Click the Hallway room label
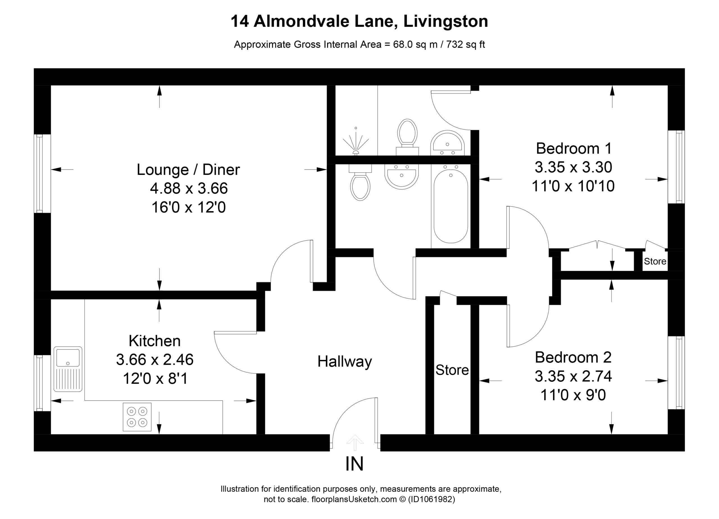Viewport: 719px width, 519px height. point(345,362)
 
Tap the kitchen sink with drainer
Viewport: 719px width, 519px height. point(68,369)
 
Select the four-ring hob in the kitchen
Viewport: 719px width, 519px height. point(137,417)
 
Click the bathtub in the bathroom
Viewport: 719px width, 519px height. point(450,206)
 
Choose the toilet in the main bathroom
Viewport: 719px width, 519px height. point(360,182)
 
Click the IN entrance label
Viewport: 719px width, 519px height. point(354,464)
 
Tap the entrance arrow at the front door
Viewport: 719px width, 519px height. point(355,443)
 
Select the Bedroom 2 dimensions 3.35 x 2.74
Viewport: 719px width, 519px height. point(573,376)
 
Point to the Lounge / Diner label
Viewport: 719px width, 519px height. point(188,170)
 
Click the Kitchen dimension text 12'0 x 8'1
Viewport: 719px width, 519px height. point(155,378)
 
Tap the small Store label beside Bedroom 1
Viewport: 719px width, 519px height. point(655,261)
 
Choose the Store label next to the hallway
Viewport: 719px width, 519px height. point(452,370)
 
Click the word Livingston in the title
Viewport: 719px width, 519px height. point(446,22)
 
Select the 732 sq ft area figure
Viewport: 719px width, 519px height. point(465,44)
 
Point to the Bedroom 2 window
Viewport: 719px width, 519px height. point(676,372)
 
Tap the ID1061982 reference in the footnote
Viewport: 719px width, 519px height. point(432,499)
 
